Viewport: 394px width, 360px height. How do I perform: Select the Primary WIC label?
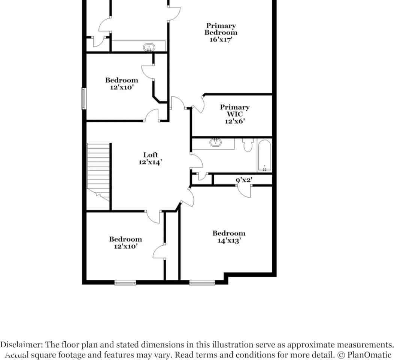click(234, 111)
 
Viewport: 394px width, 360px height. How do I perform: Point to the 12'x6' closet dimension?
click(234, 121)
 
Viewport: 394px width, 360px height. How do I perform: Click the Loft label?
click(151, 155)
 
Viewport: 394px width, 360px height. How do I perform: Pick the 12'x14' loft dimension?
click(150, 162)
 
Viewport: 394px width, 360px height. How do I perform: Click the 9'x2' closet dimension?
click(244, 180)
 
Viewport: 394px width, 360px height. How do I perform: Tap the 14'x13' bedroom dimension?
click(229, 241)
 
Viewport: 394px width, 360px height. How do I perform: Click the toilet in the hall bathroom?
click(248, 145)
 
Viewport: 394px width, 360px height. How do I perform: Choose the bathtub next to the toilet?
click(264, 155)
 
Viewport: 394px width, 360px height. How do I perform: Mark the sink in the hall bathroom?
click(215, 142)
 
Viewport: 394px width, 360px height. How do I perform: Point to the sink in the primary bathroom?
click(149, 48)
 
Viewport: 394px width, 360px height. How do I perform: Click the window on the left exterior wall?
click(84, 99)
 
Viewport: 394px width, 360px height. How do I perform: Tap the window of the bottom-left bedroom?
click(125, 282)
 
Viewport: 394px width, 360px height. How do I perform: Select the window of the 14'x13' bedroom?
click(202, 282)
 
